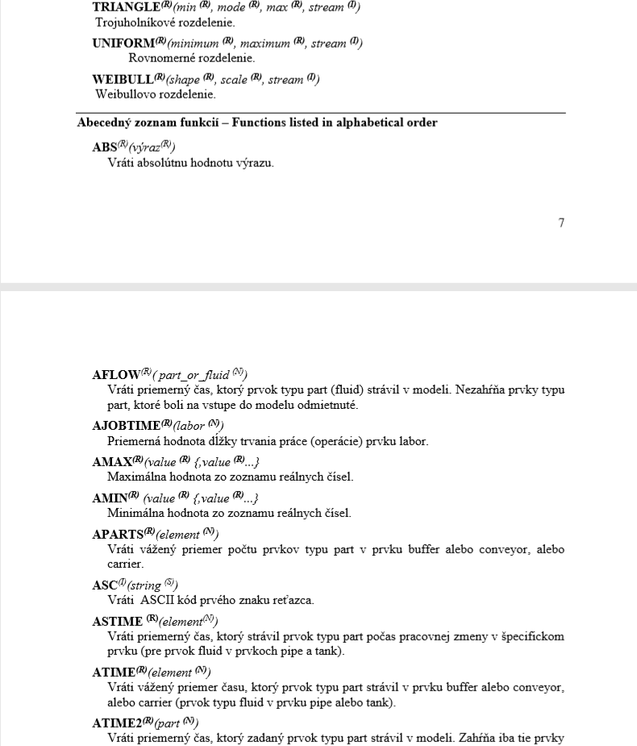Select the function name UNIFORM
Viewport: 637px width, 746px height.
click(x=123, y=43)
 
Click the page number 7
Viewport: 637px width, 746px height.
click(x=561, y=223)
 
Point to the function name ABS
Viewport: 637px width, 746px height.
click(x=105, y=148)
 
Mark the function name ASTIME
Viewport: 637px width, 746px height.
click(x=117, y=621)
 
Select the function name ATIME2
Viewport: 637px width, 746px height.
click(x=119, y=722)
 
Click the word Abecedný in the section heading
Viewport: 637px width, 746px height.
click(x=102, y=123)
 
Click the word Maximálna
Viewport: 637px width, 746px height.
click(x=134, y=477)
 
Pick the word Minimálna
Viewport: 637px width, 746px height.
click(x=133, y=513)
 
